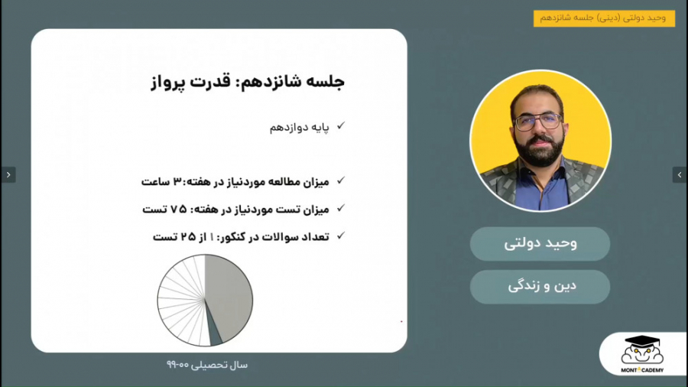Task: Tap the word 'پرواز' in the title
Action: pos(170,82)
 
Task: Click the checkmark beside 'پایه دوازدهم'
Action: pos(341,125)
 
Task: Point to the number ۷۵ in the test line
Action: pos(177,209)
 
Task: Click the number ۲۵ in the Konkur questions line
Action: pos(187,237)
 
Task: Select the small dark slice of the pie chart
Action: pos(216,334)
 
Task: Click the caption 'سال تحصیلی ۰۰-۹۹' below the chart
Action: pos(206,365)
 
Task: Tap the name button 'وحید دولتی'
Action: pos(540,244)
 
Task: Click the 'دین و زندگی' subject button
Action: pos(540,287)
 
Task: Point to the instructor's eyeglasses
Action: pos(538,121)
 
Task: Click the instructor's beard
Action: pos(539,149)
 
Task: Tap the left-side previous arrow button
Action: pos(8,174)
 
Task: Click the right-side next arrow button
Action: pos(679,174)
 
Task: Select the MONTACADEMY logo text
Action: pos(642,370)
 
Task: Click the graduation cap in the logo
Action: pos(643,342)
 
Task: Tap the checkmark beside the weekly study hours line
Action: pos(341,180)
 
